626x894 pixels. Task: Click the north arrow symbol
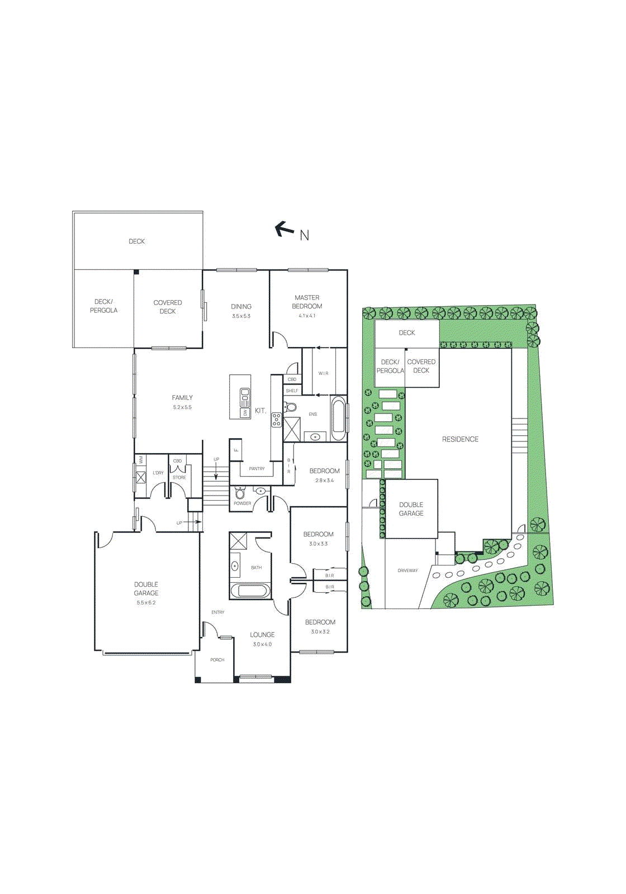[x=284, y=229]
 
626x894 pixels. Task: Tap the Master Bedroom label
[x=307, y=302]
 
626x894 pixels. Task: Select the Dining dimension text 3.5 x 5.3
[x=241, y=316]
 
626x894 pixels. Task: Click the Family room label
[x=182, y=398]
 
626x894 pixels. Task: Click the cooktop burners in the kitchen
[x=277, y=420]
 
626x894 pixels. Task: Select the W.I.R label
[x=323, y=373]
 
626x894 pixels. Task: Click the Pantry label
[x=257, y=469]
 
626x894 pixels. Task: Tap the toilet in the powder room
[x=240, y=493]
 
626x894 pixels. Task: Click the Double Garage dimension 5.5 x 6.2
[x=146, y=603]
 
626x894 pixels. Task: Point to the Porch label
[x=217, y=660]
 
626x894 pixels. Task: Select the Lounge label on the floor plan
[x=262, y=635]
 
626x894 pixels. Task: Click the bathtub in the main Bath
[x=250, y=591]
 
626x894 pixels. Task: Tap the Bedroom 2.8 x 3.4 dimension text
[x=324, y=481]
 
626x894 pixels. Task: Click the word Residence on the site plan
[x=460, y=439]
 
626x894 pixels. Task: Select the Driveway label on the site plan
[x=407, y=570]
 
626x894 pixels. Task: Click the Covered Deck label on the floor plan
[x=168, y=307]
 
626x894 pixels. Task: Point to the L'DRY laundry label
[x=158, y=473]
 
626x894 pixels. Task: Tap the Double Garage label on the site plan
[x=411, y=509]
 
